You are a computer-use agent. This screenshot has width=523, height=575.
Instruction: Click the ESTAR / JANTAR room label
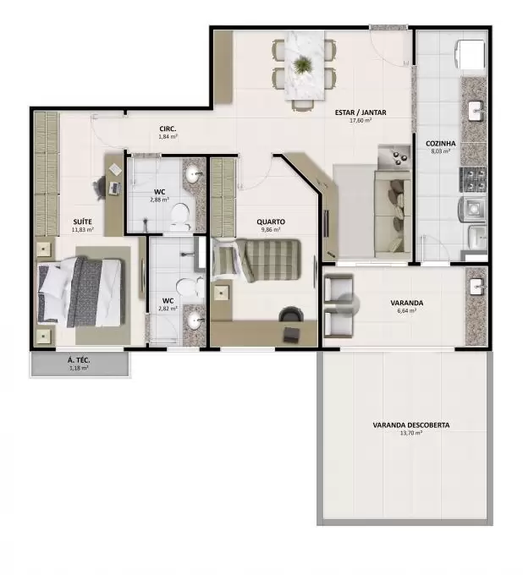[x=361, y=112]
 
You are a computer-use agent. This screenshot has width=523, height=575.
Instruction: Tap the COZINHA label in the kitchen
[x=440, y=144]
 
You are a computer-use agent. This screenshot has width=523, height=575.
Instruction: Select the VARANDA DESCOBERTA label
[x=411, y=425]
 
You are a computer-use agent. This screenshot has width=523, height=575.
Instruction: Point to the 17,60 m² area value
[x=361, y=120]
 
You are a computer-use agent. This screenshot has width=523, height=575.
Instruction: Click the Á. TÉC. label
[x=79, y=360]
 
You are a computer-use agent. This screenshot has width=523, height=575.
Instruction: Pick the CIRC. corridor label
[x=168, y=129]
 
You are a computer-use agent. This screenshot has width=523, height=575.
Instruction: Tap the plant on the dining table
[x=303, y=65]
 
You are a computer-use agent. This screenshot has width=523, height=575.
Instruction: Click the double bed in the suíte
[x=80, y=292]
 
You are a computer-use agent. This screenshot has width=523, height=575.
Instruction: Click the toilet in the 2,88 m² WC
[x=180, y=216]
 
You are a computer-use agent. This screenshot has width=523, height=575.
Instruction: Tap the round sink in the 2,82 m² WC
[x=194, y=321]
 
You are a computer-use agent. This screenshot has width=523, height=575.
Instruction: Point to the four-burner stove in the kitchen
[x=473, y=180]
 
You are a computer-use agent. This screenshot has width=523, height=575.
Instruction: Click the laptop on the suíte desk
[x=114, y=188]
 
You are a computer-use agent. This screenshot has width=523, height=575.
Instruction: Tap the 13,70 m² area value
[x=411, y=433]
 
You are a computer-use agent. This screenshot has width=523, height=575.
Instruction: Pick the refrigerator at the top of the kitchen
[x=470, y=55]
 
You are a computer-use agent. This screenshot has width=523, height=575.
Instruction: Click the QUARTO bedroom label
[x=271, y=222]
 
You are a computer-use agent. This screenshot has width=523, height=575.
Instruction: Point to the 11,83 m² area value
[x=83, y=230]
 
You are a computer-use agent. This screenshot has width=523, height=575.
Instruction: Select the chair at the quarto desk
[x=291, y=315]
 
